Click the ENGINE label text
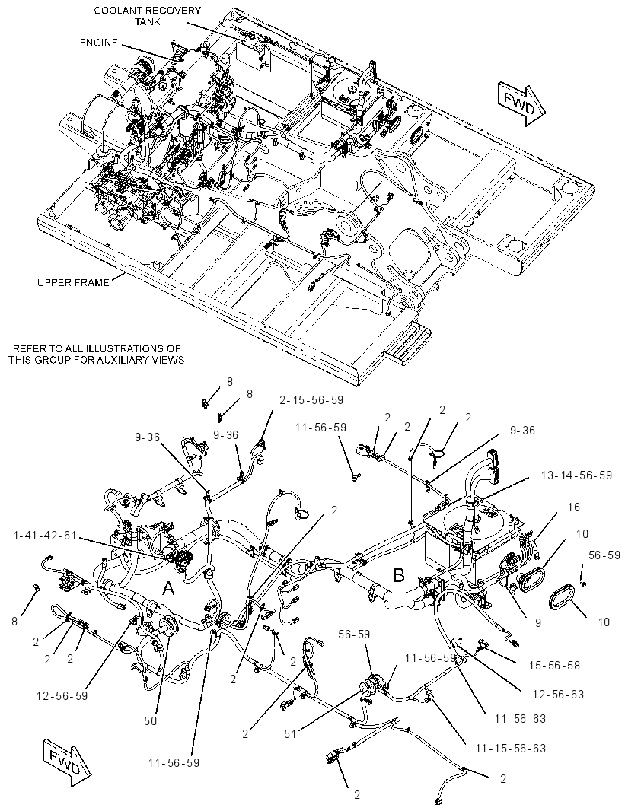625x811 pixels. (x=99, y=43)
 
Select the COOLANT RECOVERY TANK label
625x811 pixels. (x=148, y=16)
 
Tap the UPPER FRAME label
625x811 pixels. (x=73, y=282)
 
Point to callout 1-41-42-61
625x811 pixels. (x=44, y=536)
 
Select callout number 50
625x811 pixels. (x=151, y=720)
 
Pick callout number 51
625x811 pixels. (x=290, y=734)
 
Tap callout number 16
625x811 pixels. (x=573, y=507)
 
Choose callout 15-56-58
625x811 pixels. (x=554, y=665)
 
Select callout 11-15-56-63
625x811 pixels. (x=511, y=749)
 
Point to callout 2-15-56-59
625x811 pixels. (x=311, y=400)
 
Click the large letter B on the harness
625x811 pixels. (x=398, y=574)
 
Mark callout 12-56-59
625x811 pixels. (x=62, y=695)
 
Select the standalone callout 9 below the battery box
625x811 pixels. (x=539, y=622)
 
